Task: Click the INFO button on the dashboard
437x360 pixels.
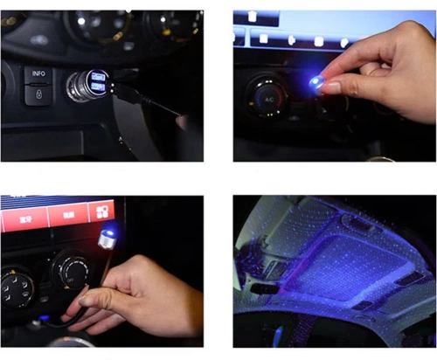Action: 38,73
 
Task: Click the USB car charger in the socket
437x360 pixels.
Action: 88,85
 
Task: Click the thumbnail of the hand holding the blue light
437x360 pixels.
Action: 335,85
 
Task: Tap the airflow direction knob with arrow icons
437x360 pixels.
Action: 17,285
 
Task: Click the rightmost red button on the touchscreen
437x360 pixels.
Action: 103,211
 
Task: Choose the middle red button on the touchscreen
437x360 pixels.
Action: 65,212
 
